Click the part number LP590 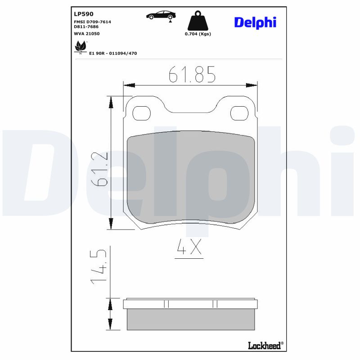coord(84,14)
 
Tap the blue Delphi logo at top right coord(255,22)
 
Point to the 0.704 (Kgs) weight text coord(198,34)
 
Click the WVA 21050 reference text coord(87,33)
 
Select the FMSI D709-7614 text coord(92,22)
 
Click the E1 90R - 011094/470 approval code coord(113,53)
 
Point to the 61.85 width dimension coord(192,74)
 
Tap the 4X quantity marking coord(189,248)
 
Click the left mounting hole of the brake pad coord(142,113)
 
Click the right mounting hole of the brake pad coord(239,113)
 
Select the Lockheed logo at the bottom coord(265,345)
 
